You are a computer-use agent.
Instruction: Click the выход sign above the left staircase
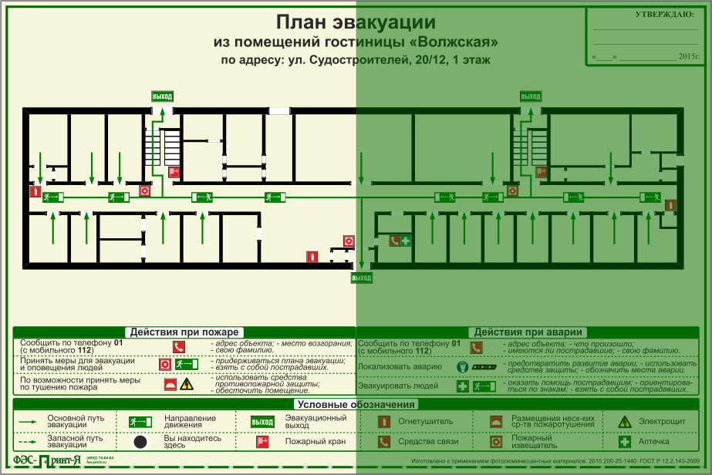pyautogui.click(x=162, y=96)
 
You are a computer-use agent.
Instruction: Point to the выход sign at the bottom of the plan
pyautogui.click(x=361, y=278)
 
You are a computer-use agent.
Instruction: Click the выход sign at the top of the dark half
pyautogui.click(x=530, y=96)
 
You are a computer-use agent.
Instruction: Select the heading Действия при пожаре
pyautogui.click(x=184, y=332)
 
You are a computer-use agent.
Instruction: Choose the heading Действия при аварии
pyautogui.click(x=528, y=332)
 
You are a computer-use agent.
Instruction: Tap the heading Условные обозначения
pyautogui.click(x=356, y=404)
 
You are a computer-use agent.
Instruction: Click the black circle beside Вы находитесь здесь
pyautogui.click(x=140, y=442)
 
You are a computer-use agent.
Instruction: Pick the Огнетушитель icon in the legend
pyautogui.click(x=383, y=422)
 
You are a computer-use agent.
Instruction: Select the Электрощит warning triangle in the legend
pyautogui.click(x=624, y=422)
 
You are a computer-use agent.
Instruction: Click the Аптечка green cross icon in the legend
pyautogui.click(x=624, y=442)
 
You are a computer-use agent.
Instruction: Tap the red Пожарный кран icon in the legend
pyautogui.click(x=262, y=442)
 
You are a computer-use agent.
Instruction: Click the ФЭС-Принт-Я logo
pyautogui.click(x=48, y=461)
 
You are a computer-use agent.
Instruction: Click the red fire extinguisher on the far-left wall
pyautogui.click(x=35, y=191)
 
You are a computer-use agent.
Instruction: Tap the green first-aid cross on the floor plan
pyautogui.click(x=406, y=241)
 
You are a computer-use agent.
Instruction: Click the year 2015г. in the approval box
pyautogui.click(x=688, y=57)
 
